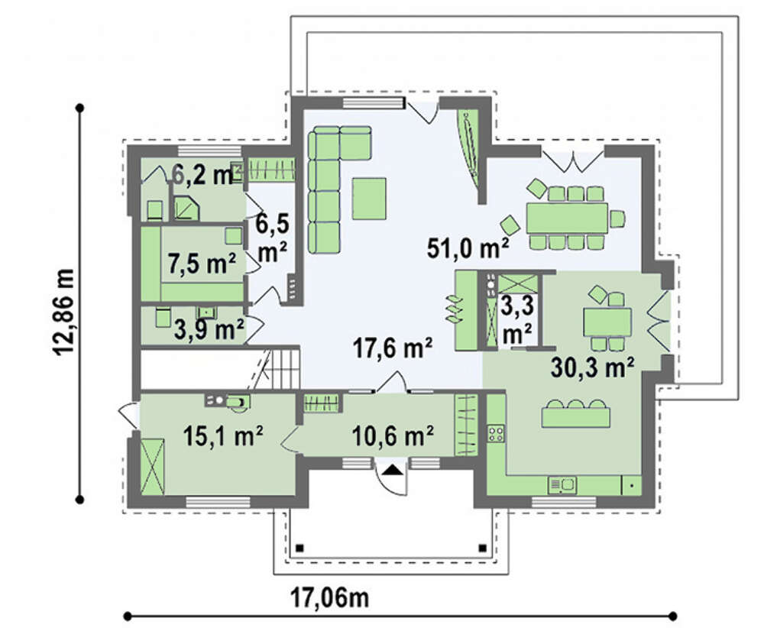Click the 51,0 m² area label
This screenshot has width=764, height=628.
468,248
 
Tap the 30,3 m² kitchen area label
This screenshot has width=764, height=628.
593,367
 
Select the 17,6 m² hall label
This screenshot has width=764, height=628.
392,348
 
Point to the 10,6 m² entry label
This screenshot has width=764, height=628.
393,435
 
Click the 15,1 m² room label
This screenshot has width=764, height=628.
224,435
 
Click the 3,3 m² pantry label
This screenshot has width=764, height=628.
517,320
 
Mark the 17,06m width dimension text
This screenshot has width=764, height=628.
329,597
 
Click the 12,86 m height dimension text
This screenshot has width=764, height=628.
64,312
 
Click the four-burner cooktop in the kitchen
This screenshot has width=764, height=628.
497,434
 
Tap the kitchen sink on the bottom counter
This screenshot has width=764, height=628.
562,485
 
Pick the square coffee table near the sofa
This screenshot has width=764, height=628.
369,199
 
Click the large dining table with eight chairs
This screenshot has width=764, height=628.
567,217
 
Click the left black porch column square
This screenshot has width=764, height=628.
300,547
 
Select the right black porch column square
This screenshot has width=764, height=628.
483,547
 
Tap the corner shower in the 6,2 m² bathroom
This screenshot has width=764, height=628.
186,209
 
